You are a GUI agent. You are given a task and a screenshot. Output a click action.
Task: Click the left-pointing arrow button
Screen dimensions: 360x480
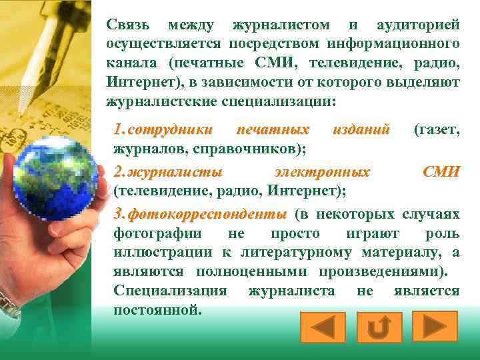click(322, 327)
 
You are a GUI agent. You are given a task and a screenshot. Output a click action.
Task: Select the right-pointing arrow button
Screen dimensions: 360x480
click(434, 327)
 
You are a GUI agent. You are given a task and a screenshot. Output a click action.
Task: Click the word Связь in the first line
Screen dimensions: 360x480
click(129, 25)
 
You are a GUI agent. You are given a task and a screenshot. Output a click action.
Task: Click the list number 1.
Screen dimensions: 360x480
click(118, 130)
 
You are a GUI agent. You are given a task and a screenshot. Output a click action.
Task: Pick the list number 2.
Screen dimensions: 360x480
click(118, 173)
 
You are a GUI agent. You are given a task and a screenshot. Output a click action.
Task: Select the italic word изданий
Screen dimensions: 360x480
click(361, 130)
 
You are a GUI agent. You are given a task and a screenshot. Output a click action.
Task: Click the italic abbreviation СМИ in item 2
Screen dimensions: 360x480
click(441, 173)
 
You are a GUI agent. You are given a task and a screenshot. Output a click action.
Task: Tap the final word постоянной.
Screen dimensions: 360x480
click(157, 309)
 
